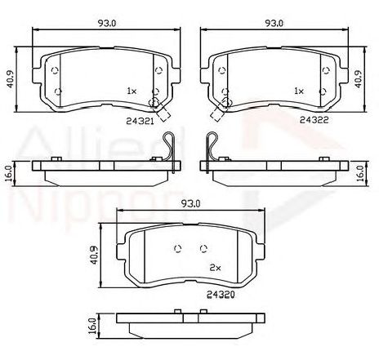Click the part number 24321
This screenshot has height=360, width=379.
coord(140,121)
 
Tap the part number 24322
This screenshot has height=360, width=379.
coord(314,119)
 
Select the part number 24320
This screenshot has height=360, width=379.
coord(221,294)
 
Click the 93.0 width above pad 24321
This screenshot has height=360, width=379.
coord(107,24)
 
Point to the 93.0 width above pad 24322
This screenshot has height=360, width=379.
coord(274,24)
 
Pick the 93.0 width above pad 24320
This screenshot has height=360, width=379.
coord(191,204)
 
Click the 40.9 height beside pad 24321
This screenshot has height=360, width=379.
coord(10,79)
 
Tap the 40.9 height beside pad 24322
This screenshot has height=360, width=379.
coord(359,79)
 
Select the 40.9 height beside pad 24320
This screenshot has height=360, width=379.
coord(95,256)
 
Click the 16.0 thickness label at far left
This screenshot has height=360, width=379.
coord(9,174)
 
